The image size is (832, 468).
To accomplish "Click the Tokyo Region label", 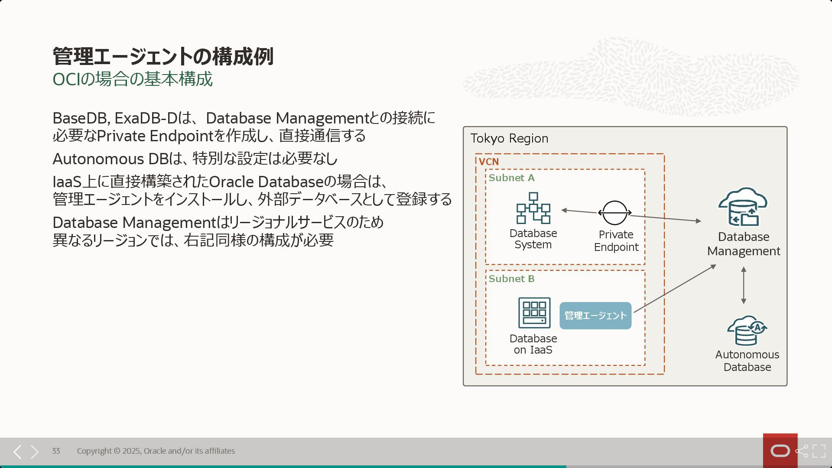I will tap(509, 138).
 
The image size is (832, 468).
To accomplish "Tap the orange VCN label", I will tap(488, 162).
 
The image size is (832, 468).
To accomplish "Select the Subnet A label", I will tap(511, 178).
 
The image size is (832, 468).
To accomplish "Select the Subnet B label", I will tap(511, 279).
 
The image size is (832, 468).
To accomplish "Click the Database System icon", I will tap(533, 208).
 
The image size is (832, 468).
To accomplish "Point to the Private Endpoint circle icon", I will tap(614, 213).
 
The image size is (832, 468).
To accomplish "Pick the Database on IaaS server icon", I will tap(534, 312).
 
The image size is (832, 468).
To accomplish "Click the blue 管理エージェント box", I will tap(595, 315).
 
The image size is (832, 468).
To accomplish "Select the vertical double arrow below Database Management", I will tap(744, 285).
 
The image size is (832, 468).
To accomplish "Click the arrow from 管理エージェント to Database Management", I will tap(674, 288).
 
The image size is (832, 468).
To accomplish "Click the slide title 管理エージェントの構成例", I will tap(163, 56).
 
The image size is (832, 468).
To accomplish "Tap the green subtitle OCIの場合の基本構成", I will tap(132, 79).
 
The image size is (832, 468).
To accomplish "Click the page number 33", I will tap(56, 451).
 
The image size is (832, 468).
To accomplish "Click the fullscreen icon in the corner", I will tap(819, 451).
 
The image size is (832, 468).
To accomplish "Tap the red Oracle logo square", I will tap(780, 451).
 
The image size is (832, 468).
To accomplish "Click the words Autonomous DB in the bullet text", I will tap(110, 159).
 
